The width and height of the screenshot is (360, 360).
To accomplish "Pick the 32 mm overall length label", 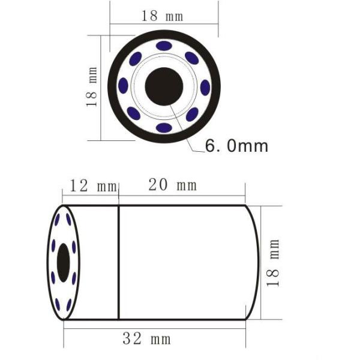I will [146, 339].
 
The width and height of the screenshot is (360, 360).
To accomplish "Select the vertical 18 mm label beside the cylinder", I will [274, 263].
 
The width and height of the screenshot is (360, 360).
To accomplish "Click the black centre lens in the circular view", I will [164, 86].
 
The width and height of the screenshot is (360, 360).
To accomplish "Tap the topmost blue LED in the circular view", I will [164, 46].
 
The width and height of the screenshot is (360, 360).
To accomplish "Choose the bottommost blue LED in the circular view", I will [164, 128].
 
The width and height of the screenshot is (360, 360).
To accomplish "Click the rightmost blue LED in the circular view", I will [205, 88].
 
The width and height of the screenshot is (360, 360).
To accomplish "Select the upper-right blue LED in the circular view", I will [192, 58].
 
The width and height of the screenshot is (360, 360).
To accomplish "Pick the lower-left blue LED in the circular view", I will [134, 114].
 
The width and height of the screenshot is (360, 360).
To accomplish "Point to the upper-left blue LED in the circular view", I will [136, 58].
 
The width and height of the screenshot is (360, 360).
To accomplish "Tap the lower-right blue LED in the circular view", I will [192, 115].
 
